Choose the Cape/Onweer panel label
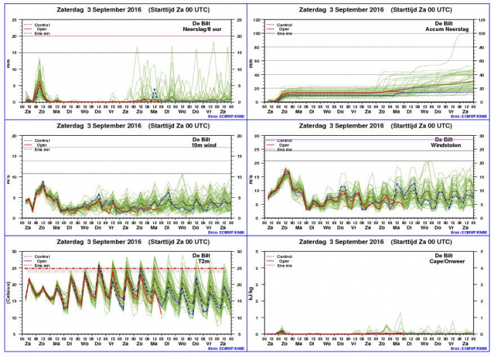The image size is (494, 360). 454,260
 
